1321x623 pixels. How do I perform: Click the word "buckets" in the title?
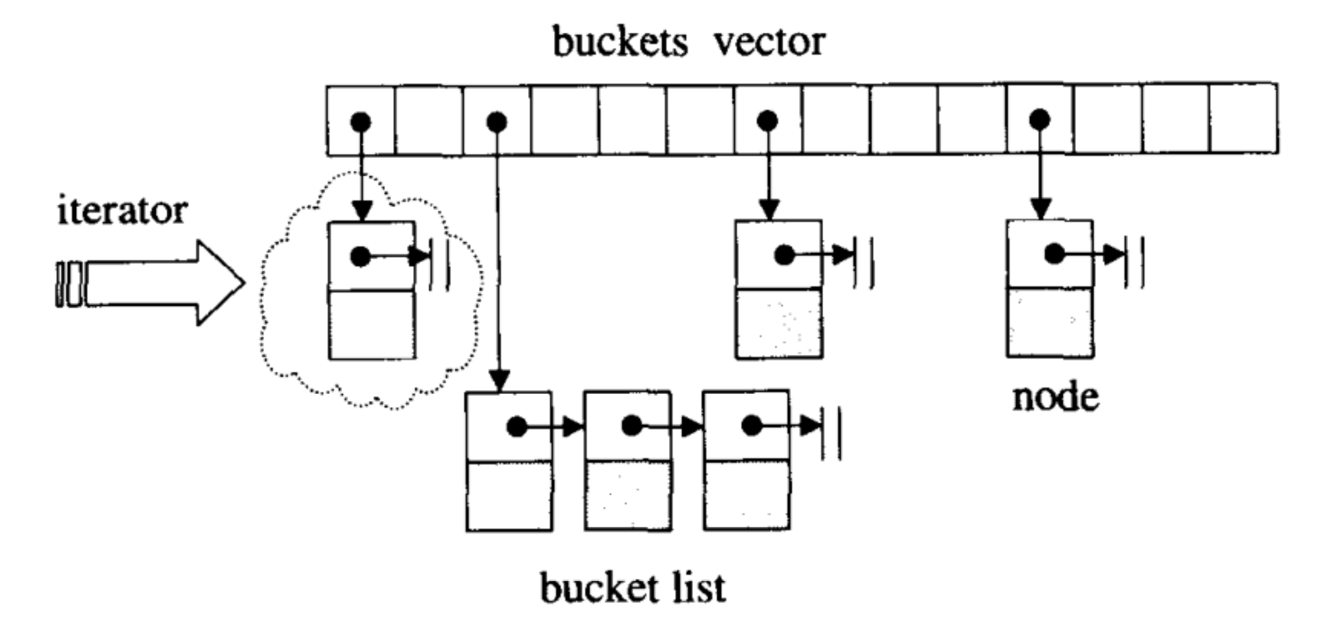[619, 42]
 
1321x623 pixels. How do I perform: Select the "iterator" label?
[122, 211]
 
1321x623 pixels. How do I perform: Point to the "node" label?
[1055, 397]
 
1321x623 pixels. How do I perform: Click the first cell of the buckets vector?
[360, 120]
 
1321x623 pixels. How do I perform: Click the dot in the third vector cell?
[497, 121]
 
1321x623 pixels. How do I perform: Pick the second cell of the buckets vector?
[429, 120]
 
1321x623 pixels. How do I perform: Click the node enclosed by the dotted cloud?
[372, 290]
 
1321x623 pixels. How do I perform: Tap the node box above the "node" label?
[1049, 289]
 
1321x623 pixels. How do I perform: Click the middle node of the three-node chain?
[627, 461]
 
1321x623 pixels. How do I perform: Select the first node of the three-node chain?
[509, 461]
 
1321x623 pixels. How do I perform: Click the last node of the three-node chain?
[746, 461]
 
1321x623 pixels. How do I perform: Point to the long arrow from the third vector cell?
[497, 264]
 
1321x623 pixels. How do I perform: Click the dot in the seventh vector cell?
[767, 120]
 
